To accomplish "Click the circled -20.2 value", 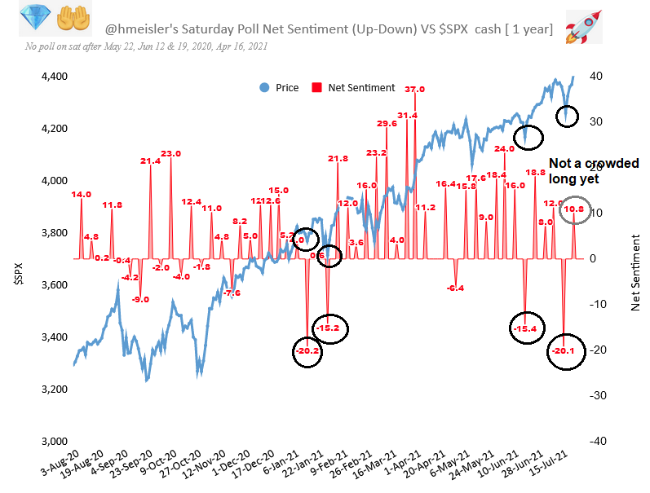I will point(309,351).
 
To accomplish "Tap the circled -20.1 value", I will point(564,351).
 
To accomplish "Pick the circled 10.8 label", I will point(574,209).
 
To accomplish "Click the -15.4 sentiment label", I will point(526,328).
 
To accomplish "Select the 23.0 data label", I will point(170,153).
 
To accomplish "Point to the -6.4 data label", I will point(455,288).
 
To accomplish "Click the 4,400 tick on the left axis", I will point(54,77).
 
